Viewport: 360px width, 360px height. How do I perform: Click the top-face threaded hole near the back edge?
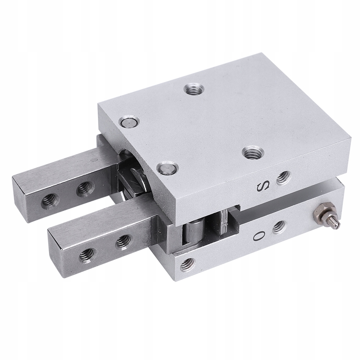click(x=195, y=89)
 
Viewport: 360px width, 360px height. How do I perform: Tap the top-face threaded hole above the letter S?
click(x=253, y=152)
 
